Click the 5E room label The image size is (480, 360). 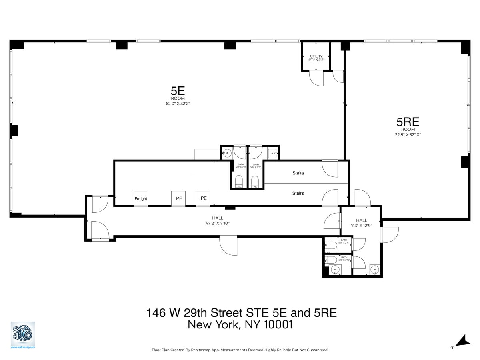(178, 90)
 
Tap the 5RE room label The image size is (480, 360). (408, 122)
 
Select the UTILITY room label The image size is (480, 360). (316, 56)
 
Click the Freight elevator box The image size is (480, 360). (141, 198)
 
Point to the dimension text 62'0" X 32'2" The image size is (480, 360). (178, 104)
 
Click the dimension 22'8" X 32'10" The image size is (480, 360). (408, 135)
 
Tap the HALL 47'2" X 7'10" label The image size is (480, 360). (218, 221)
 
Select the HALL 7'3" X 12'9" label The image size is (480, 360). (362, 223)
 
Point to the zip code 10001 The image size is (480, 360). (278, 325)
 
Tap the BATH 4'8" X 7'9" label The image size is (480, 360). (240, 166)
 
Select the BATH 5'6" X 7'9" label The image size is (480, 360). (256, 166)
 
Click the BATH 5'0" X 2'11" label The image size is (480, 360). (344, 241)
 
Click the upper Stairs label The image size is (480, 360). (298, 173)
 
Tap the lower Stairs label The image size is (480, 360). (298, 193)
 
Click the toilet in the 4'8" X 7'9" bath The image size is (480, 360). (239, 181)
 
